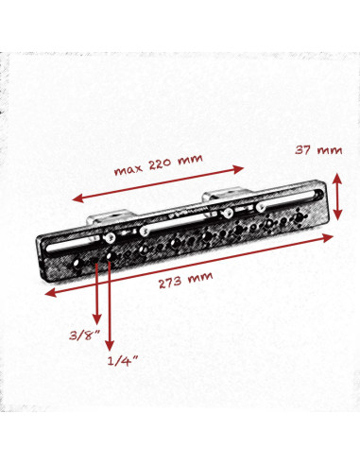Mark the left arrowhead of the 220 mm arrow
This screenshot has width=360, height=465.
pos(77,200)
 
